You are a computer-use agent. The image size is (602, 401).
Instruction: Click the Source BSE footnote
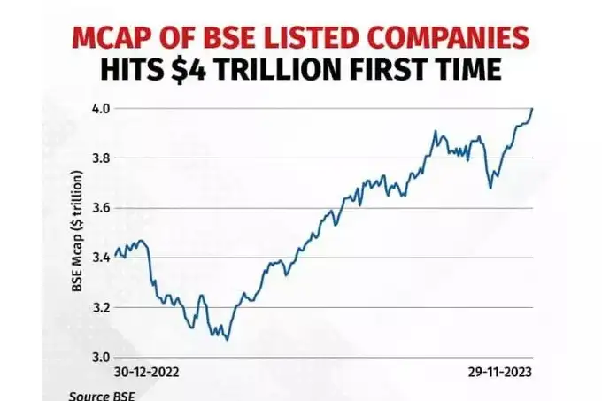point(99,395)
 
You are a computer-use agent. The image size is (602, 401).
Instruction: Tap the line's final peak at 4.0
point(532,109)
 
